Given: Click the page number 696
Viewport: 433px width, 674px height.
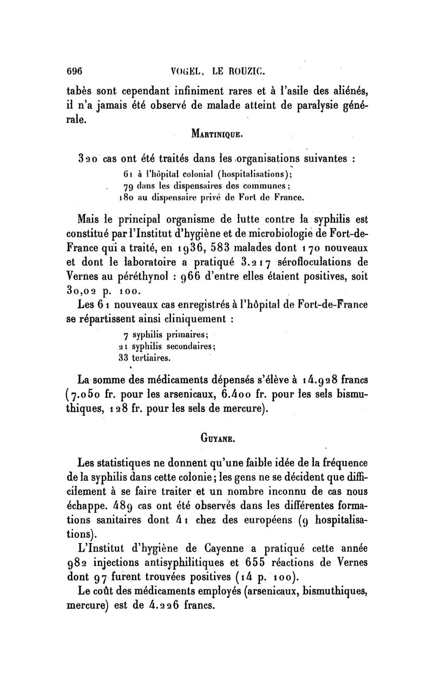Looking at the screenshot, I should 73,70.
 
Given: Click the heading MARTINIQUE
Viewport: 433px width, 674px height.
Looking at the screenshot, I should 216,134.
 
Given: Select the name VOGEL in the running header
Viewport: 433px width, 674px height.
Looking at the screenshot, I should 187,70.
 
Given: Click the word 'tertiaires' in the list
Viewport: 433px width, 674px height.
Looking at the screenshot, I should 150,357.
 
